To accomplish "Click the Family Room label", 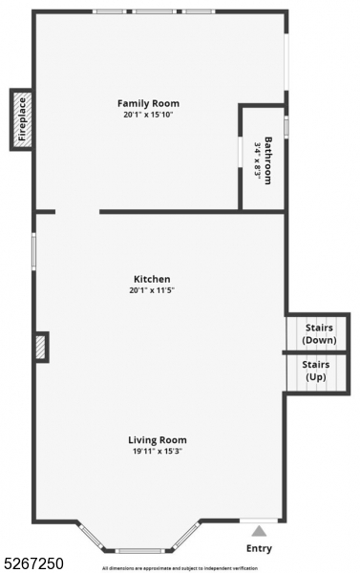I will tap(148, 103).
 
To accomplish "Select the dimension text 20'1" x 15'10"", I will tap(148, 115).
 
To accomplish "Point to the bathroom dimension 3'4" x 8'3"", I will tap(258, 159).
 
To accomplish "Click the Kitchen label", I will tap(152, 279).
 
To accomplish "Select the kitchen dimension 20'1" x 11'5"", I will tap(152, 290).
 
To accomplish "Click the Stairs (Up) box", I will tap(316, 371).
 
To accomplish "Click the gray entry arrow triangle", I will tap(259, 531).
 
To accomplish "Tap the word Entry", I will tap(259, 548).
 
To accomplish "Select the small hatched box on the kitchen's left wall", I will tap(41, 347).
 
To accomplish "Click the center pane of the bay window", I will tap(138, 550).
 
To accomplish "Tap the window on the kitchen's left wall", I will tap(34, 251).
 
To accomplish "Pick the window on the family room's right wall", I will tap(286, 62).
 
